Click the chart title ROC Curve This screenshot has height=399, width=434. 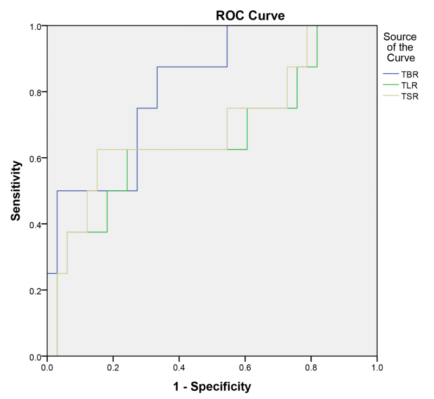[250, 16]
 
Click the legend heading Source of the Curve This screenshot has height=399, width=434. [400, 47]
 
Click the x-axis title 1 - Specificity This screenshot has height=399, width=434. [212, 387]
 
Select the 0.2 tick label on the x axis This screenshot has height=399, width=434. [113, 368]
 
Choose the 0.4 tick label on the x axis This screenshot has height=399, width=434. [179, 368]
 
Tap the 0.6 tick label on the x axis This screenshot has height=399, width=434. [245, 368]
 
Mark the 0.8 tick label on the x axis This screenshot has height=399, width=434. [311, 368]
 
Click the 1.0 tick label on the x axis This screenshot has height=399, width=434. [377, 368]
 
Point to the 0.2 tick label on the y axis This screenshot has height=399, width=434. [35, 291]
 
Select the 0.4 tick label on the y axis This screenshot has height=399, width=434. [35, 224]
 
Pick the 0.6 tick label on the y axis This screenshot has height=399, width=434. [35, 158]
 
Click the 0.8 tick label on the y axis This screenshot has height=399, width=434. [35, 92]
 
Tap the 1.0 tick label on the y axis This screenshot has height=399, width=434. [35, 26]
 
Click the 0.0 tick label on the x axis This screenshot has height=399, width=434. [47, 368]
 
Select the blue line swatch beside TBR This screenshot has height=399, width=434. [391, 74]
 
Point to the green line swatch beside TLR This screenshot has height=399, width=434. [391, 85]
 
